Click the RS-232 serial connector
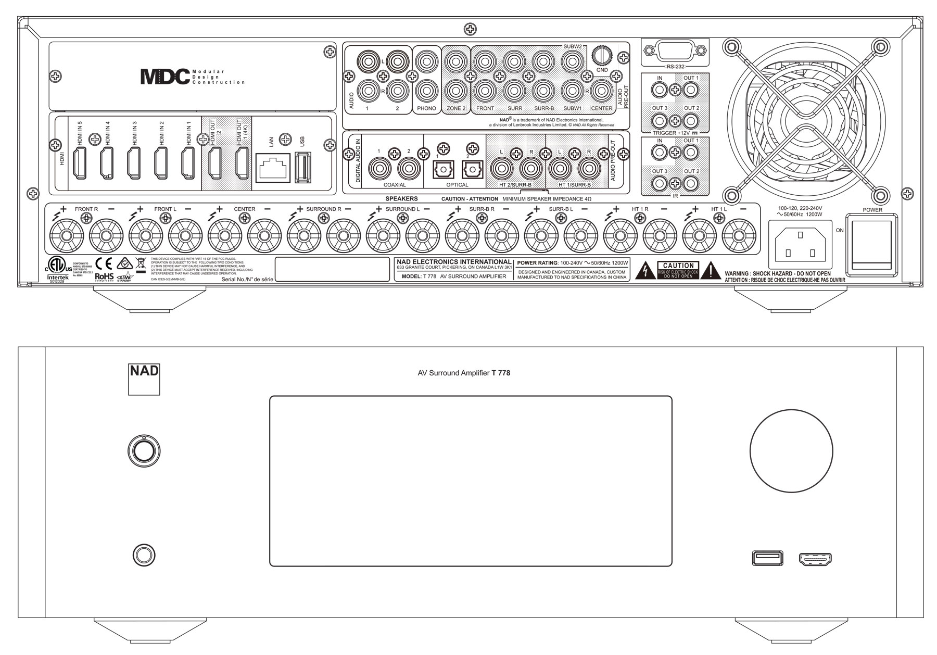click(x=675, y=52)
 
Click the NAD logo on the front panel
click(x=144, y=380)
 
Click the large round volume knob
click(x=791, y=451)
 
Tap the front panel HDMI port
click(x=815, y=559)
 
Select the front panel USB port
click(x=767, y=558)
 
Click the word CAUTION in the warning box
click(x=678, y=266)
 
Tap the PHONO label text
click(x=427, y=109)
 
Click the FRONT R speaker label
click(x=86, y=209)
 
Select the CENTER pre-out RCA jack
click(x=602, y=91)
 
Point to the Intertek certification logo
click(x=57, y=278)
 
